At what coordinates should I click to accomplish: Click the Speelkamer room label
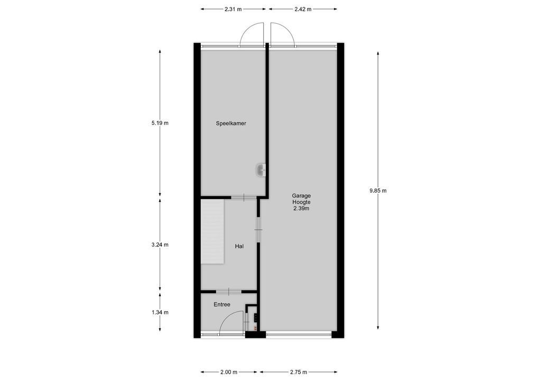point(231,123)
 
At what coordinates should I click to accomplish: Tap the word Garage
point(301,195)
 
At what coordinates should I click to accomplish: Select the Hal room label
point(239,246)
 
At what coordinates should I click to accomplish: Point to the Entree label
point(222,304)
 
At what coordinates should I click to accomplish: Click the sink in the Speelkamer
point(261,170)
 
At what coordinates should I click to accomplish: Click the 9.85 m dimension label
point(378,190)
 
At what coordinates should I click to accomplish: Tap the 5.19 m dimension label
point(160,123)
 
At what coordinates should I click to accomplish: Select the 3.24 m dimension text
point(160,244)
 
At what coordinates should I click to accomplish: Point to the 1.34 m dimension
point(160,312)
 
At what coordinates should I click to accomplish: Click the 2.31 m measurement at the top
point(233,9)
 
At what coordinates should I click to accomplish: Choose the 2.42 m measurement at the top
point(303,9)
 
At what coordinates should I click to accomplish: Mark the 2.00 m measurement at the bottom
point(228,372)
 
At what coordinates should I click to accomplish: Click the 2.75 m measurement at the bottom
point(299,372)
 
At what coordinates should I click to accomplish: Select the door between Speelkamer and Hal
point(244,197)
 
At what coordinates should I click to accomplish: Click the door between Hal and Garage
point(258,229)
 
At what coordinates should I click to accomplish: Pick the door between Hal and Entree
point(228,291)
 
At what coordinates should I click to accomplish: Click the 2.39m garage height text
point(301,208)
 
